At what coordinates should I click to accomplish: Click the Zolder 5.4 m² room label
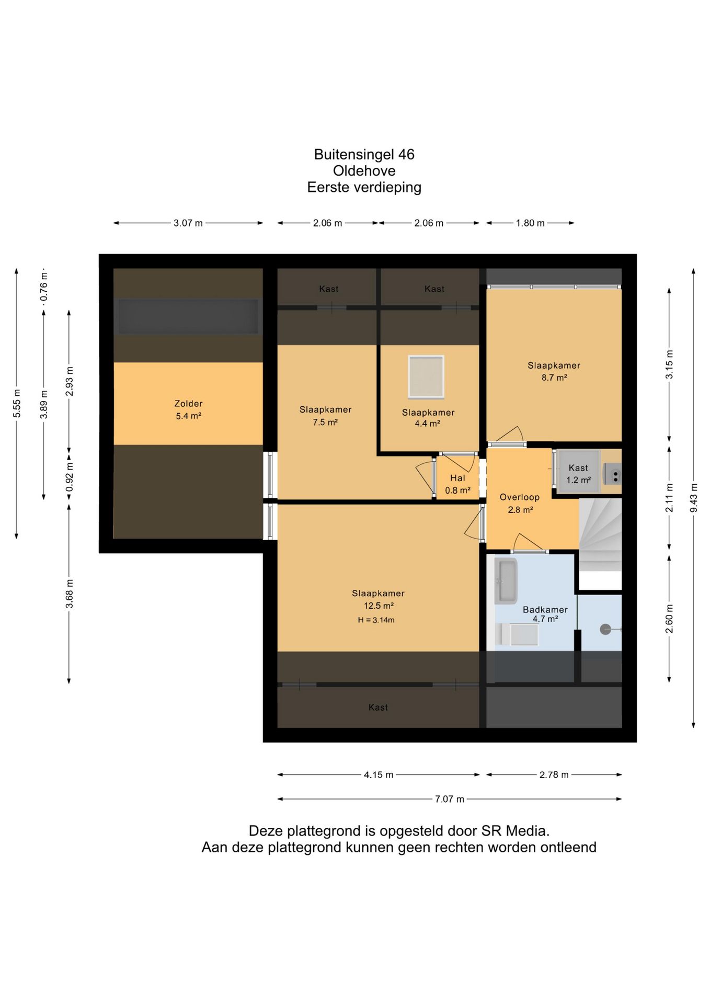click(188, 410)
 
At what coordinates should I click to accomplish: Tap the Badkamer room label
click(545, 610)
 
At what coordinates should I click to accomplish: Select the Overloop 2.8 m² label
click(520, 504)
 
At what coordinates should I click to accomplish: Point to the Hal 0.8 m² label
click(457, 484)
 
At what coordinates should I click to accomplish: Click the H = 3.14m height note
click(376, 620)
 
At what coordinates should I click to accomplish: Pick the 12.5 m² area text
click(379, 606)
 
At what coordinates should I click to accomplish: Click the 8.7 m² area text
click(554, 378)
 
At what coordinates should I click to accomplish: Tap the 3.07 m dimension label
click(188, 223)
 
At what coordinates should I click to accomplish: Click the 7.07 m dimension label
click(450, 799)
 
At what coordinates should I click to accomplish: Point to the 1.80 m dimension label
click(530, 223)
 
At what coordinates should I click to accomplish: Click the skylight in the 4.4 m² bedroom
click(426, 377)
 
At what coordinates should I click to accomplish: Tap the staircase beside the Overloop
click(600, 534)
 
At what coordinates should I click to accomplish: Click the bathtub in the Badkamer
click(506, 581)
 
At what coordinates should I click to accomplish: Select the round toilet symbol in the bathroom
click(605, 630)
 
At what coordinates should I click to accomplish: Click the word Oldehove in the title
click(364, 171)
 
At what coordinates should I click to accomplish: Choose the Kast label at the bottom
click(378, 708)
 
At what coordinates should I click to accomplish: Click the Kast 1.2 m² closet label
click(579, 474)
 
